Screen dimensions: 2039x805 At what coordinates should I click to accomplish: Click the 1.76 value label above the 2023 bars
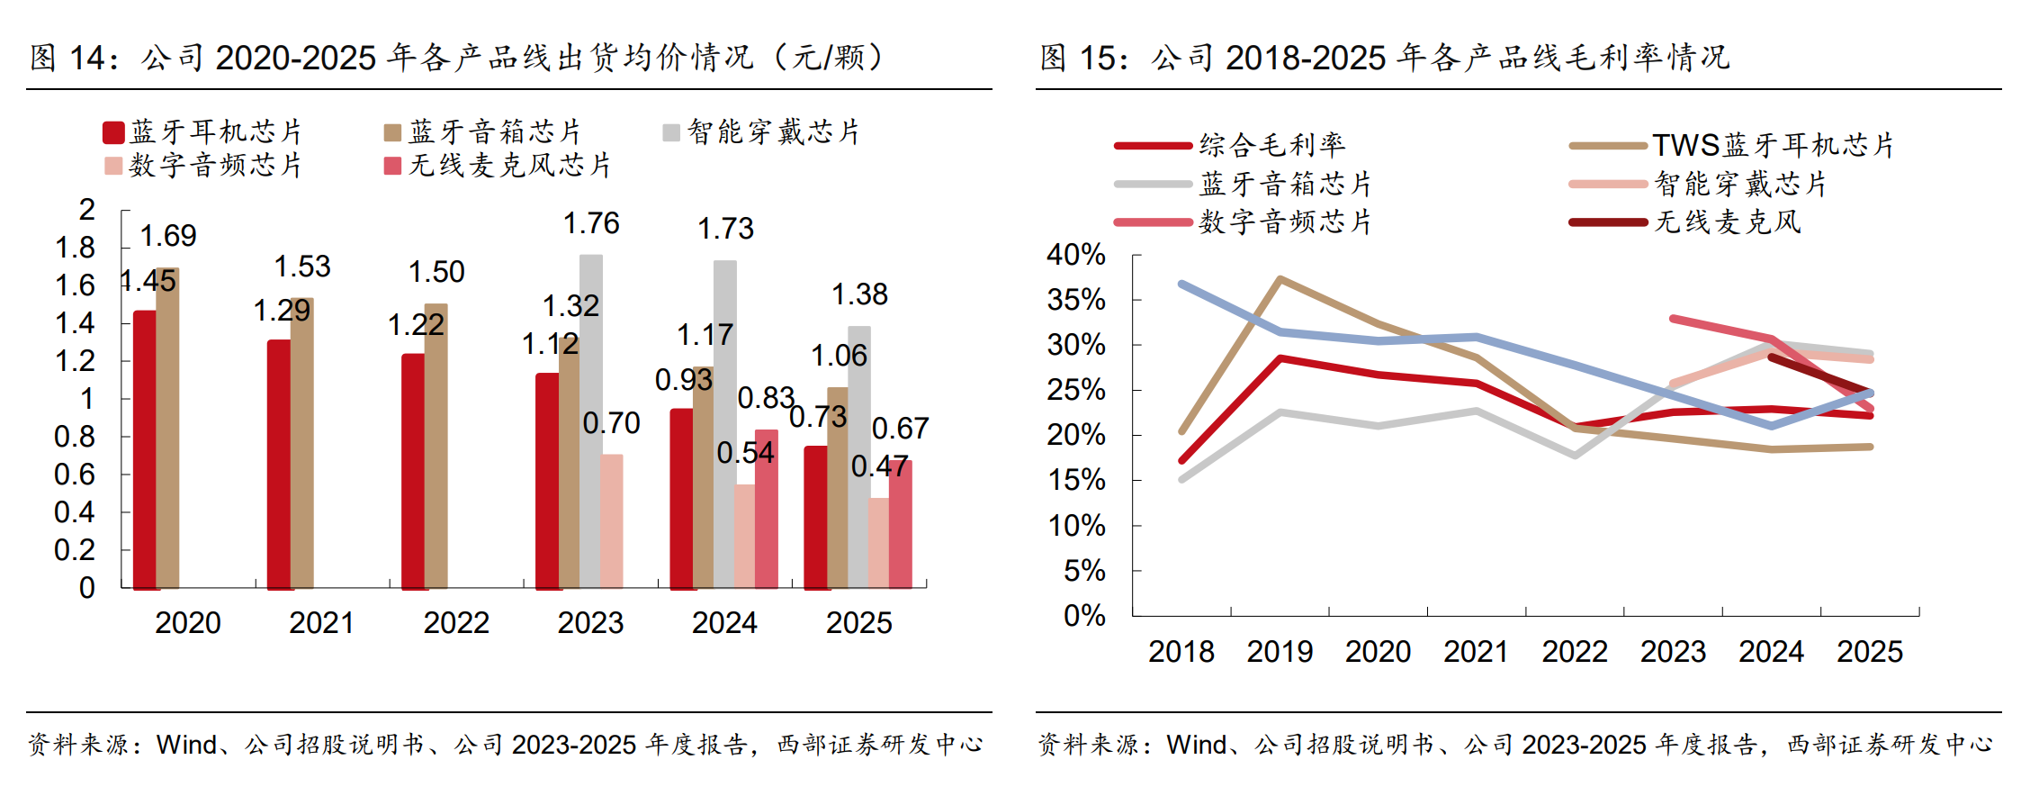(x=591, y=223)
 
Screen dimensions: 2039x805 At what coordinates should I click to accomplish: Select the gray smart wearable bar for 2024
(x=725, y=424)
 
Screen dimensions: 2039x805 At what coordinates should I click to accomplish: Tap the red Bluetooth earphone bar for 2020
(x=145, y=449)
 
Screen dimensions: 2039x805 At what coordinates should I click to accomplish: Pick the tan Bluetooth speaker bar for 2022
(x=436, y=446)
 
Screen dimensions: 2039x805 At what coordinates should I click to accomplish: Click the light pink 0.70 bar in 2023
(x=612, y=521)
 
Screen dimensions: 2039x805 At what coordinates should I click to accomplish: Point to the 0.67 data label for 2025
(x=900, y=429)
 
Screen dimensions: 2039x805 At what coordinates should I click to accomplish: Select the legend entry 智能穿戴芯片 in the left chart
(x=761, y=132)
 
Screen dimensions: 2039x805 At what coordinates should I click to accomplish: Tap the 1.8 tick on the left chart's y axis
(x=76, y=248)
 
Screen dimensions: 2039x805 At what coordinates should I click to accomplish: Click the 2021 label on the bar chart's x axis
(x=322, y=622)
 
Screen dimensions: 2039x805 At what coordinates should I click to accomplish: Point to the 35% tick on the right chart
(x=1076, y=300)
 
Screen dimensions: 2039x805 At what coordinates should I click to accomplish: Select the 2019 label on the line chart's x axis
(x=1280, y=651)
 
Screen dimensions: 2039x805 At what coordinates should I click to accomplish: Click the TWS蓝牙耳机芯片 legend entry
(x=1731, y=145)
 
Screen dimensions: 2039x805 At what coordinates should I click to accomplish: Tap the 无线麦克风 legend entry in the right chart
(x=1685, y=222)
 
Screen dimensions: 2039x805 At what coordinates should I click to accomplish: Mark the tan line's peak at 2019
(x=1280, y=279)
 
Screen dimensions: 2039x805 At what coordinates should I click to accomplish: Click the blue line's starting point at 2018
(x=1181, y=284)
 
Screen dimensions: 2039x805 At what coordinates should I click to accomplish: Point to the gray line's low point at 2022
(x=1575, y=456)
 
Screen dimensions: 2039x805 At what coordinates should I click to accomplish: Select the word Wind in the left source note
(x=186, y=745)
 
